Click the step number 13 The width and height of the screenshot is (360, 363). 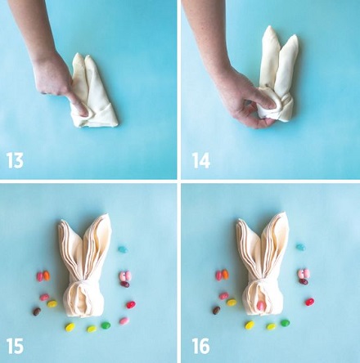[15, 160]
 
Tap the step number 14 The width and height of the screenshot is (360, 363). [201, 160]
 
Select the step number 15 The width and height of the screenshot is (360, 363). [15, 346]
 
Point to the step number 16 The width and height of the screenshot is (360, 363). [200, 346]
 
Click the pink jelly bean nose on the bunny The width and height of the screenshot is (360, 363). [261, 306]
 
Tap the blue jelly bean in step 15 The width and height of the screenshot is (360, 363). [123, 249]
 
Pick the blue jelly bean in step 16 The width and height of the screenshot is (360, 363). [301, 247]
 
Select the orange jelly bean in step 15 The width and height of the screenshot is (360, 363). [47, 276]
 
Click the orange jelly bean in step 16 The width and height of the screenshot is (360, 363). [225, 274]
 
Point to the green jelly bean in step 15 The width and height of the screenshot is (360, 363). [106, 325]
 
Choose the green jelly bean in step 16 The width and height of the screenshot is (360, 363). [285, 323]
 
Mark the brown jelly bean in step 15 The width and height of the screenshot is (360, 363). [37, 311]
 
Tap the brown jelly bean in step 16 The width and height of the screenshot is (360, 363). [216, 310]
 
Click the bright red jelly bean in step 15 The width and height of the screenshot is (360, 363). [131, 304]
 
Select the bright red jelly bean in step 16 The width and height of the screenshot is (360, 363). [309, 302]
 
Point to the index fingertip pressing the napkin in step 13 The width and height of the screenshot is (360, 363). [82, 111]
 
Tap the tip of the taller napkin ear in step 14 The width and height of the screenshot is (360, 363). [269, 27]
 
